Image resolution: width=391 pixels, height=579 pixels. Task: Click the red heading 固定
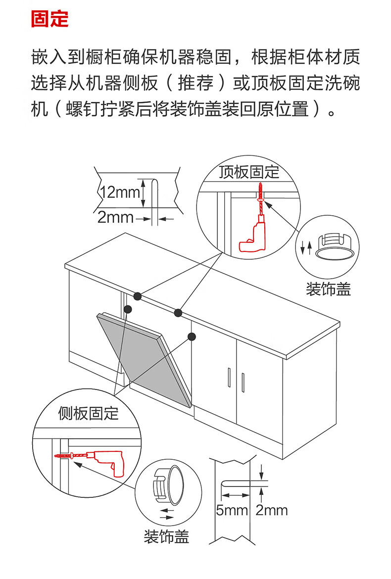click(49, 19)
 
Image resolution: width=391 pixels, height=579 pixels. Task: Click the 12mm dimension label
click(120, 192)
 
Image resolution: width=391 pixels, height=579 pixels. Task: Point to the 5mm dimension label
click(232, 510)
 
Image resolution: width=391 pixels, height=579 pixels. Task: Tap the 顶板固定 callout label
click(249, 172)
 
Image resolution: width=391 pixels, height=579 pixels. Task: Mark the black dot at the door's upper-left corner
click(128, 309)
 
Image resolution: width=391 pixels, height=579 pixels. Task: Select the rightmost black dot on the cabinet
click(192, 337)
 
